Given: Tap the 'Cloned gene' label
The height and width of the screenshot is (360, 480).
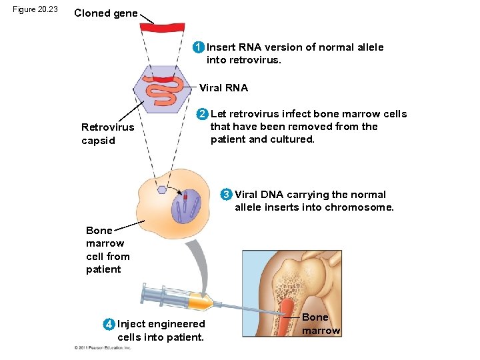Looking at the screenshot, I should (106, 13).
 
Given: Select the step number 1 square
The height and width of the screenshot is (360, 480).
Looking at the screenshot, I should (198, 47).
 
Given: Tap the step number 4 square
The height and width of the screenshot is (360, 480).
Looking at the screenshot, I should (109, 324).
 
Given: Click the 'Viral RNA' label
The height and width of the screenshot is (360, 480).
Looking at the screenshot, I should (223, 88).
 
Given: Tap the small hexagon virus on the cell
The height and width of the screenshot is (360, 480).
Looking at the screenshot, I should (161, 190).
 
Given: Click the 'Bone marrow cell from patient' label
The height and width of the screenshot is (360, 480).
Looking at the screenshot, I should (107, 250).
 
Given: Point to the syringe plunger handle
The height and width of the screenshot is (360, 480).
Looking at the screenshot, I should (145, 292).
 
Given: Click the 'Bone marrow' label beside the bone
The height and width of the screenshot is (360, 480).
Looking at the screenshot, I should (321, 324).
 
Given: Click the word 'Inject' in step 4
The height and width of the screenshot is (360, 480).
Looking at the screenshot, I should (132, 324).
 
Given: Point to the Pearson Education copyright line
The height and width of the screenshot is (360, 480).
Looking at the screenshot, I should (103, 347).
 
